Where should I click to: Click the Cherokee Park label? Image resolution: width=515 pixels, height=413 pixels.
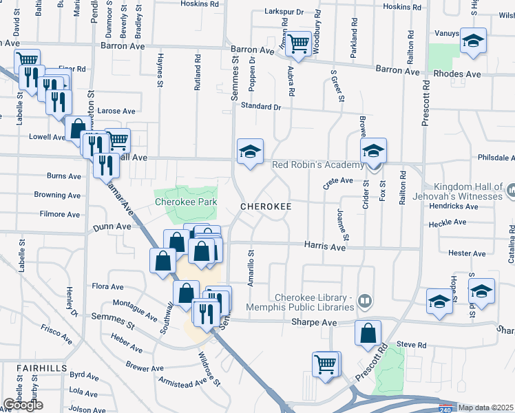coord(185,202)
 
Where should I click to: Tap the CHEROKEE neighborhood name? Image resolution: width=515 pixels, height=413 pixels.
coord(266,206)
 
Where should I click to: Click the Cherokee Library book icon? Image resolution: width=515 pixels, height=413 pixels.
coord(364,300)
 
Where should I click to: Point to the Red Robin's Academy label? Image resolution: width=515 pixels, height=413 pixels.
coord(317,165)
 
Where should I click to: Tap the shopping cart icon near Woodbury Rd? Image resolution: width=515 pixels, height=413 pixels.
coord(299,44)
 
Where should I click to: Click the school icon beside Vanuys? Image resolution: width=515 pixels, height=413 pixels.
coord(473,41)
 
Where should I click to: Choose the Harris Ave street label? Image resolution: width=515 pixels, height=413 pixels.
coord(326,246)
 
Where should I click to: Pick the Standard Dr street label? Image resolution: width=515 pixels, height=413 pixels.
coord(261,107)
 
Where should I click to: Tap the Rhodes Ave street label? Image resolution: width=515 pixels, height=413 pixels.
coord(457,74)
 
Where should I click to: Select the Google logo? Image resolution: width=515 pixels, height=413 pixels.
coord(23,405)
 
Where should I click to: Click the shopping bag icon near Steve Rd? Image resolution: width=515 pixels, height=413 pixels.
coord(368,334)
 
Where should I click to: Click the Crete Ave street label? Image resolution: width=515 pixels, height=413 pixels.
coord(337,181)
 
